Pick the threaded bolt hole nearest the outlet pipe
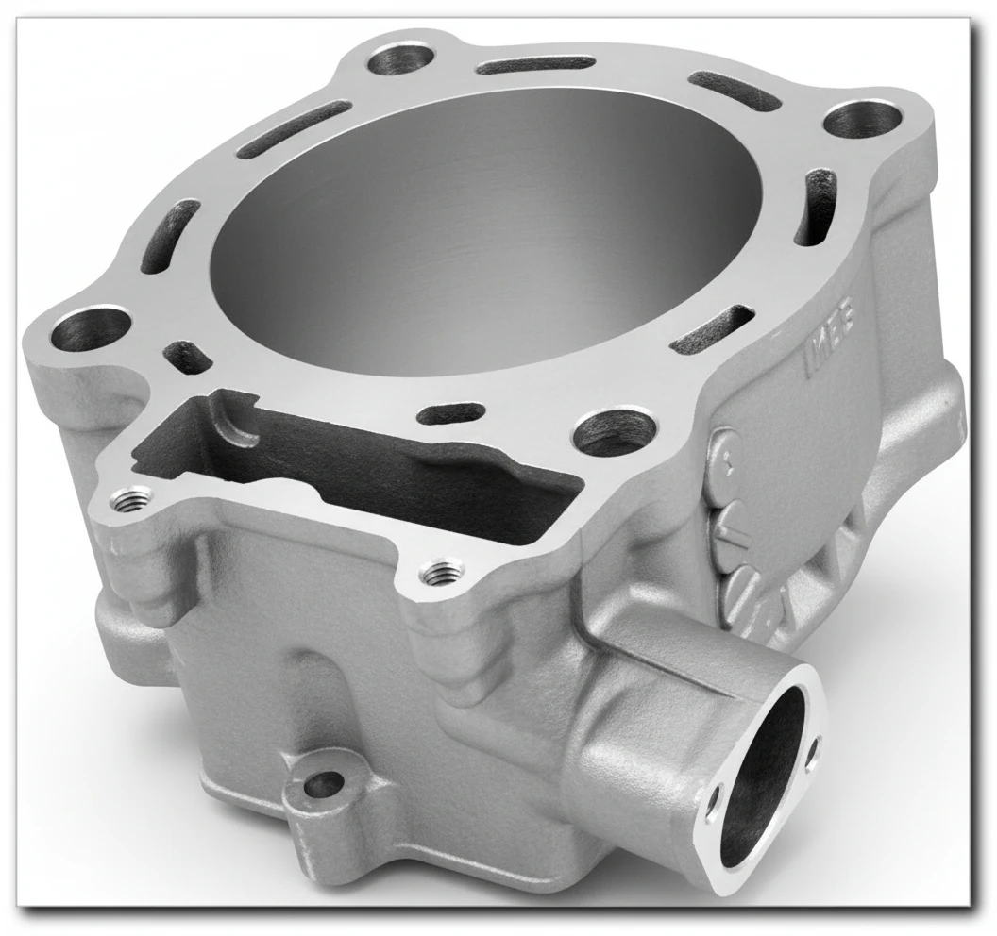coord(439,572)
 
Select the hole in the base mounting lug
coord(327,782)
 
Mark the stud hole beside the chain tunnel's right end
coord(615,432)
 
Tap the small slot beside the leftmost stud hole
coord(187,357)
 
